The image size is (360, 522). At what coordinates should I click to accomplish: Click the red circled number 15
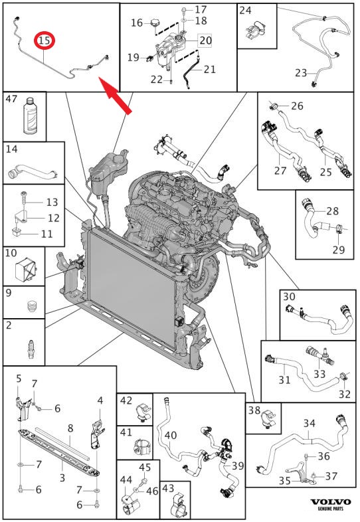point(45,41)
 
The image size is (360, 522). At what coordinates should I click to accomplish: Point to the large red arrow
point(116,96)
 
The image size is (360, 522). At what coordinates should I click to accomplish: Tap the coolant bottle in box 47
point(30,115)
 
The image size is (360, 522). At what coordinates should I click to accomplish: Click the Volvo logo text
point(330,502)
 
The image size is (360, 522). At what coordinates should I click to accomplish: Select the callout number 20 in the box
point(205,41)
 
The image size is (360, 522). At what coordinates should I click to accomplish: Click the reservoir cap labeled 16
point(155,23)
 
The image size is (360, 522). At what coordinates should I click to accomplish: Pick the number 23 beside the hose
point(301,72)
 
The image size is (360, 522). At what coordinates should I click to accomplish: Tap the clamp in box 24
point(256,31)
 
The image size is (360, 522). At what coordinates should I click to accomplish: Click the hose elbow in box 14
point(33,169)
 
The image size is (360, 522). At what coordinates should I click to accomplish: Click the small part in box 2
point(31,349)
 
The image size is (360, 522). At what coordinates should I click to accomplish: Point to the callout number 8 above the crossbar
point(70,428)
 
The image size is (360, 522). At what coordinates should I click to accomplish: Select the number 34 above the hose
point(309,424)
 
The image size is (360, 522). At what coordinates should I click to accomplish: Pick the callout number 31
point(284,379)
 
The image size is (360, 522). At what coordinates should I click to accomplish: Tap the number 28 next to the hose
point(332,211)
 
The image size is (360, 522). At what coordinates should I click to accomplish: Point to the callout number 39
point(238,466)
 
